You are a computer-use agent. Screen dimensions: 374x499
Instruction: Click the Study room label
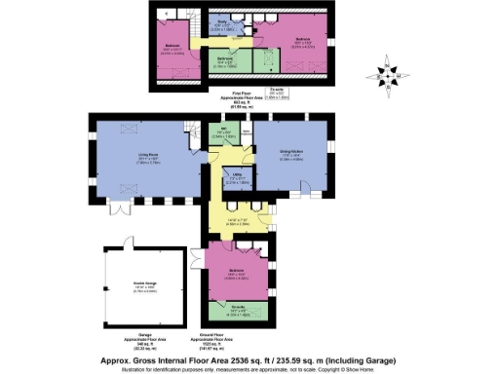click(222, 21)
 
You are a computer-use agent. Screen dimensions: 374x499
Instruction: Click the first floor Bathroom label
click(225, 60)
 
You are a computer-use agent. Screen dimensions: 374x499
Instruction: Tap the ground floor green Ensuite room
click(239, 313)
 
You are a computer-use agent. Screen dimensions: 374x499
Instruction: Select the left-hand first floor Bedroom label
click(172, 47)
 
